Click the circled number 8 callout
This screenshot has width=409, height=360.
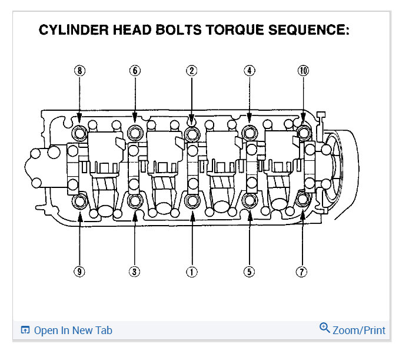coord(79,71)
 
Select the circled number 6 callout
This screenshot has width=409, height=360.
coord(135,71)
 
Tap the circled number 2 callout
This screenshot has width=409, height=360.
coord(191,71)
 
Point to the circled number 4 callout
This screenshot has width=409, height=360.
coord(250,71)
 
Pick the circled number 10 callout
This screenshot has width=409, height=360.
coord(303,71)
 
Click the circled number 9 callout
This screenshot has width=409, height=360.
coord(79,272)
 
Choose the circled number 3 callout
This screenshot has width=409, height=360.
coord(135,272)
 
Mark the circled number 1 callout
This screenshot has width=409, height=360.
coord(191,272)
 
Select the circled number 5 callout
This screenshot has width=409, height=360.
coord(250,272)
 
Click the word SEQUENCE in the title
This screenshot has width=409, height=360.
coord(314,30)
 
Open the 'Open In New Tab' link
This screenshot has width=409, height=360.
coord(72,331)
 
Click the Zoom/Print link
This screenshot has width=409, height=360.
coord(359,331)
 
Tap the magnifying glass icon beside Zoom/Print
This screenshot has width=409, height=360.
coord(325,328)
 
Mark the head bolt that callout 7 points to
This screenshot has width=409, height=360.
coord(303,199)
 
